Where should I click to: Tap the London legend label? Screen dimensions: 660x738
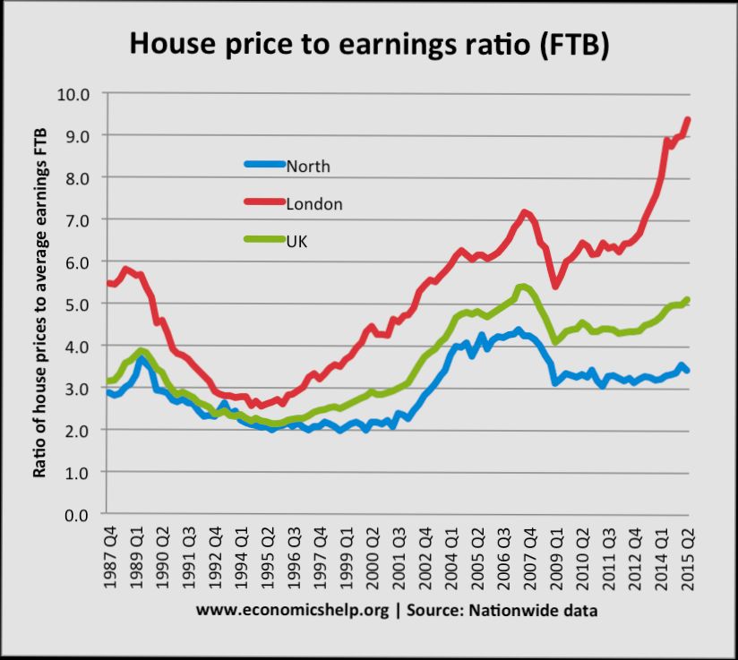click(314, 204)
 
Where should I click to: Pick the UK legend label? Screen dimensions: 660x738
click(296, 242)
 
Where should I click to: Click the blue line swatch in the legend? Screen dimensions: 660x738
click(265, 165)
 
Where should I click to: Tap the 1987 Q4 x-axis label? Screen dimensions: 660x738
click(112, 555)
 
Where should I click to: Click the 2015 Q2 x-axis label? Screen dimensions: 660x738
click(689, 555)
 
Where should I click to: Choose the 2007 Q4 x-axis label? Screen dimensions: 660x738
click(528, 555)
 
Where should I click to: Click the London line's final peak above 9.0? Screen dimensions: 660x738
click(688, 119)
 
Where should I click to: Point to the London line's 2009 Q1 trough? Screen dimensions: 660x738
click(555, 286)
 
